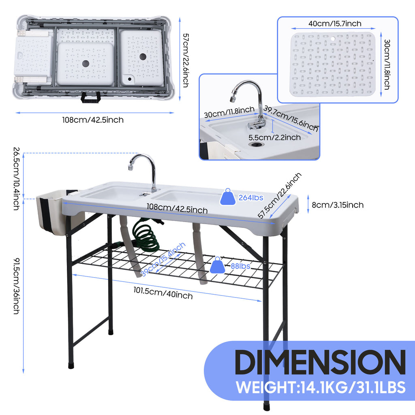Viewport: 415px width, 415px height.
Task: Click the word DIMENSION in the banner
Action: pyautogui.click(x=320, y=362)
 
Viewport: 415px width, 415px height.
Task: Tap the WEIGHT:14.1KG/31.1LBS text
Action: pyautogui.click(x=321, y=387)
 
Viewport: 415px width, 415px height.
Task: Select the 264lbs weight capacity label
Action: pyautogui.click(x=251, y=198)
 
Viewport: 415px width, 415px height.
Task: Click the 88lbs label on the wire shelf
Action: pyautogui.click(x=240, y=266)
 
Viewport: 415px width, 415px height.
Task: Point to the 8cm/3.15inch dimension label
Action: pyautogui.click(x=338, y=205)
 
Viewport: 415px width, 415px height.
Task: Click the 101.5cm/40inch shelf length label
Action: pyautogui.click(x=163, y=293)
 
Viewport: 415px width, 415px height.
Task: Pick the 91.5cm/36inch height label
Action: pyautogui.click(x=16, y=286)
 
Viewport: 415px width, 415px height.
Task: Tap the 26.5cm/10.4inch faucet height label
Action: pyautogui.click(x=16, y=179)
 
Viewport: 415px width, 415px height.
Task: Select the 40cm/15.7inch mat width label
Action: pyautogui.click(x=335, y=24)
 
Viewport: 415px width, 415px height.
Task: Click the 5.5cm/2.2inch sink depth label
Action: pyautogui.click(x=274, y=137)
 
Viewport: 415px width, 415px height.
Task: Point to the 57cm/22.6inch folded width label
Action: pyautogui.click(x=186, y=60)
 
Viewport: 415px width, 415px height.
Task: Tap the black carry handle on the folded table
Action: pyautogui.click(x=90, y=97)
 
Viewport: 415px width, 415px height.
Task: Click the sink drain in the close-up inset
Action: pyautogui.click(x=256, y=144)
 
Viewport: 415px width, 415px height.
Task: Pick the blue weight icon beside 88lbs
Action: pyautogui.click(x=218, y=265)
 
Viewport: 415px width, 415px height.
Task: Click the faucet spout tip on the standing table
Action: pyautogui.click(x=130, y=167)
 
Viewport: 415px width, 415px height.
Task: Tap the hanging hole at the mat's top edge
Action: pyautogui.click(x=333, y=39)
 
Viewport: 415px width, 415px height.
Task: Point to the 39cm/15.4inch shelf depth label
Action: pyautogui.click(x=163, y=259)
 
